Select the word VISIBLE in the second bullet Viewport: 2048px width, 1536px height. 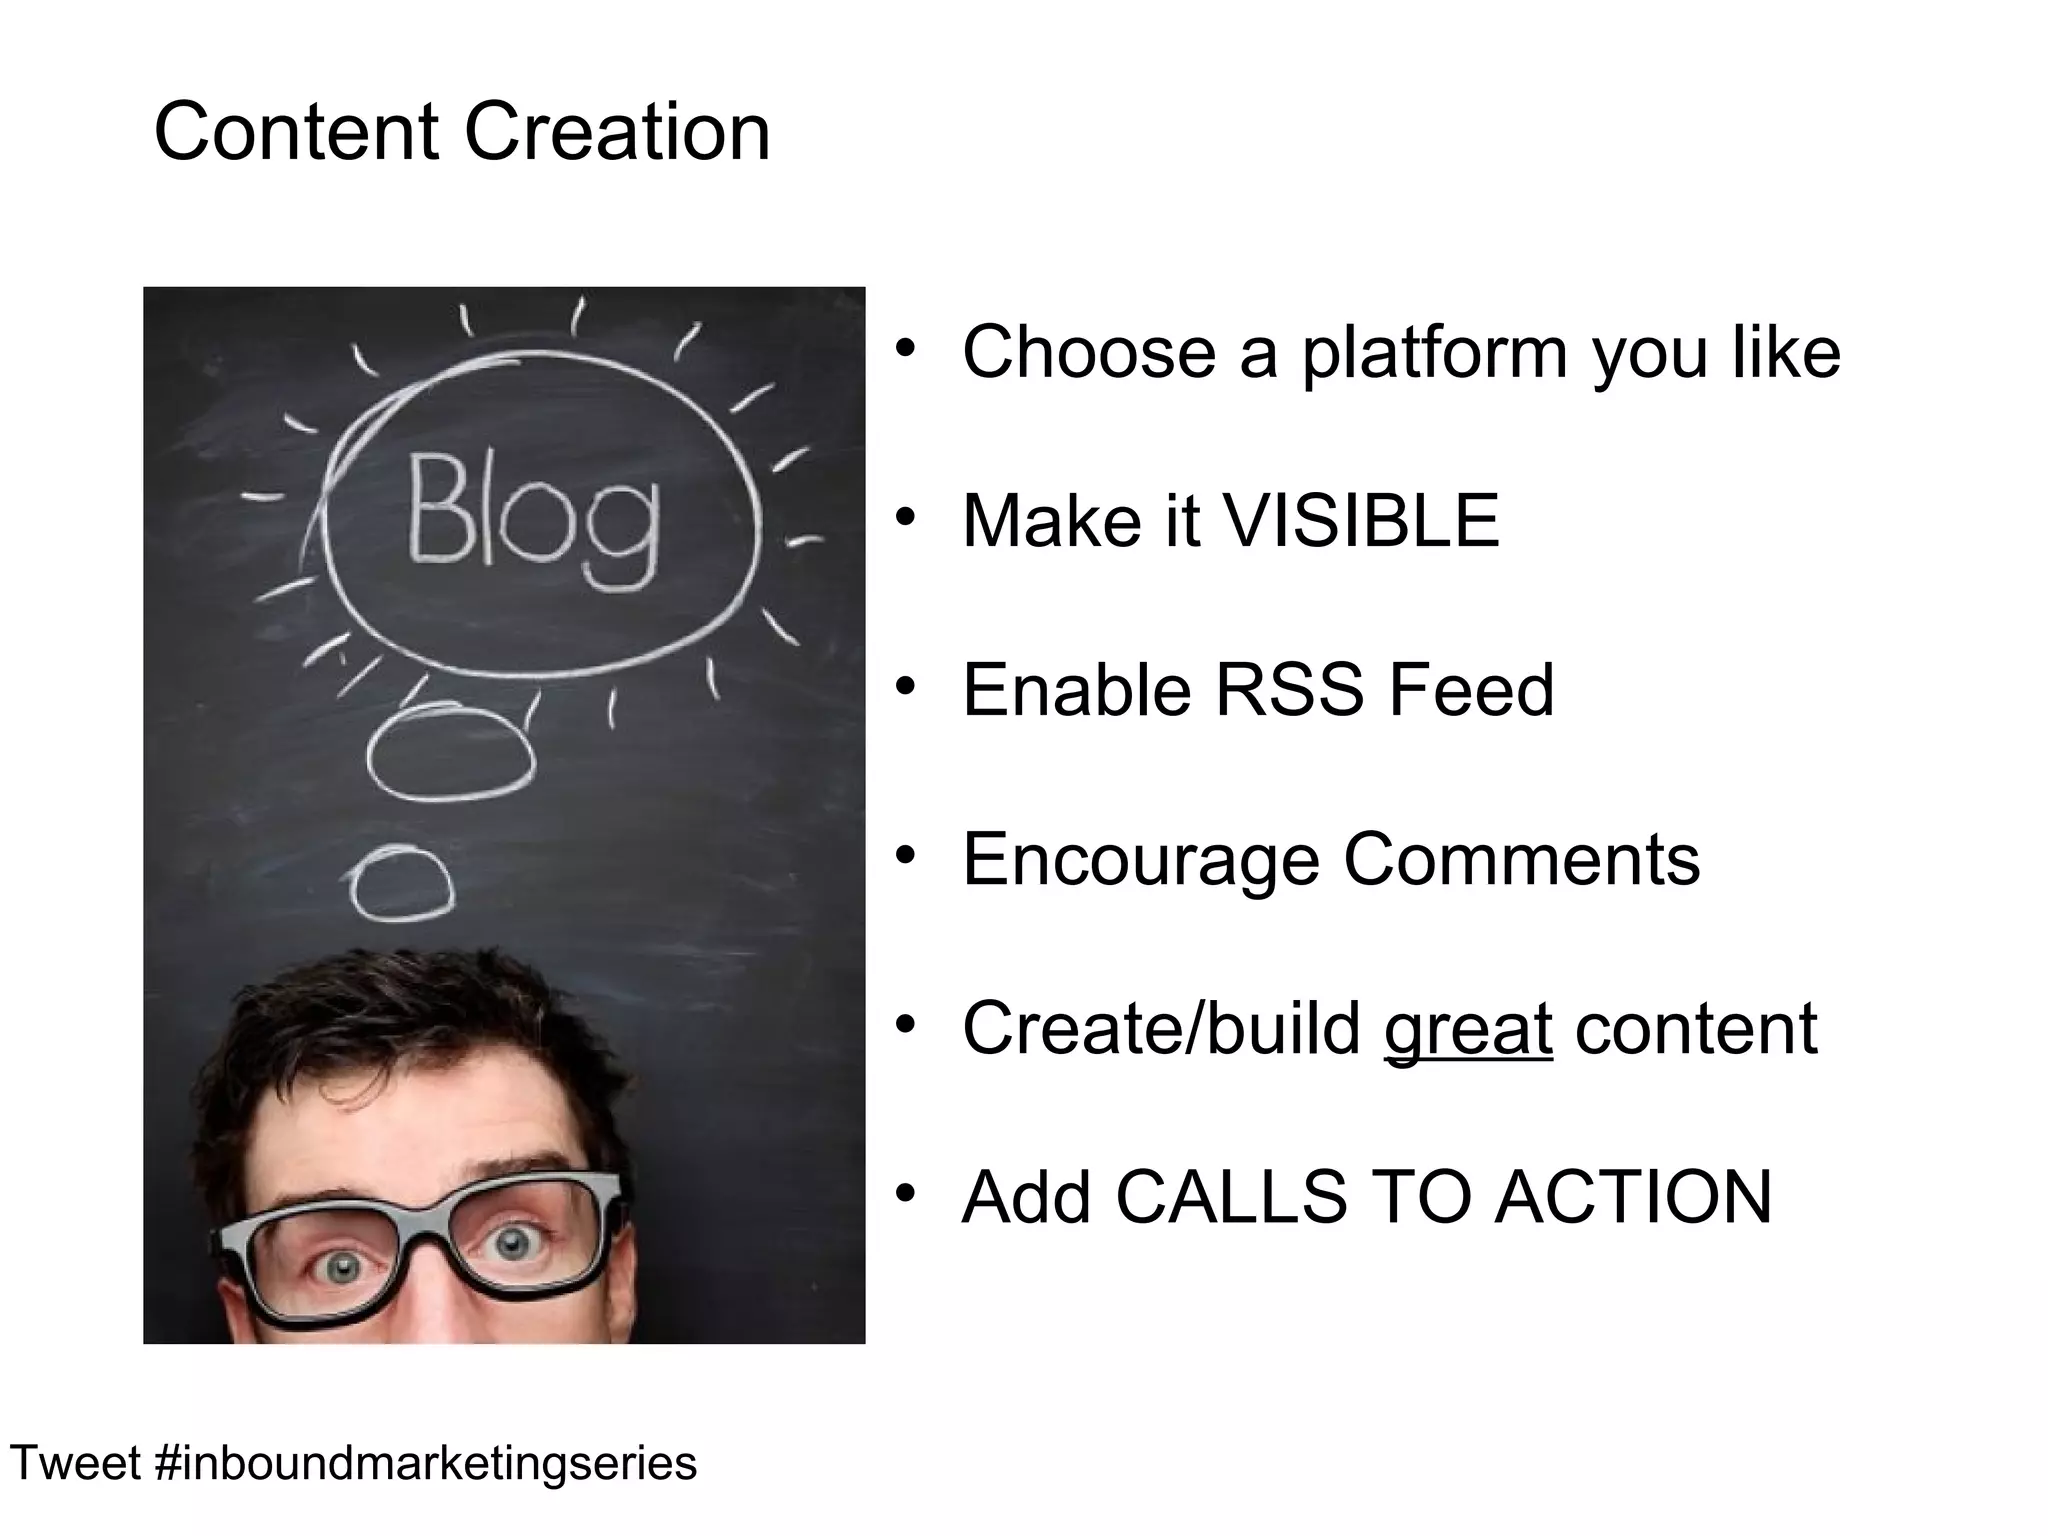(1360, 521)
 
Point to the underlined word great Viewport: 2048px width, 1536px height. (1467, 1029)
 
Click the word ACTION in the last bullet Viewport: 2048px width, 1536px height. (1632, 1197)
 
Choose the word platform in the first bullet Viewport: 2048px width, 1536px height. (1434, 353)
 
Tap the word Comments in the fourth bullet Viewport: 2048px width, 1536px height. (1520, 859)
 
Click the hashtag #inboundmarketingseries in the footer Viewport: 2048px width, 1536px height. (426, 1463)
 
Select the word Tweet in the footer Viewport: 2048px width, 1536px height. (75, 1463)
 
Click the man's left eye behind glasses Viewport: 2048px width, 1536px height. (513, 1243)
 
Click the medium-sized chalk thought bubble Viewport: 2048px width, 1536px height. (450, 752)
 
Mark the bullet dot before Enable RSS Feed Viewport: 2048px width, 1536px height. (906, 687)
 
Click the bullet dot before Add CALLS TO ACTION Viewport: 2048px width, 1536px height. (906, 1194)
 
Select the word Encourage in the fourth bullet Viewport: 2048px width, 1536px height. (1141, 859)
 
